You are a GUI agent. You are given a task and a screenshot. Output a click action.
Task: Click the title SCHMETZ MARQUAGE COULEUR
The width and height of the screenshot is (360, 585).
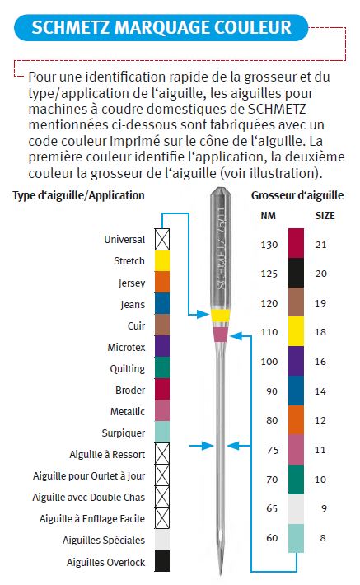point(161,28)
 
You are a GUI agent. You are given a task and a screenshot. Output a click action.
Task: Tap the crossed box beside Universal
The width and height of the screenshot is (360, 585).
point(162,240)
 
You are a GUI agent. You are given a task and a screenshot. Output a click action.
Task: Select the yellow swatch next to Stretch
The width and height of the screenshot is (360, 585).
point(162,261)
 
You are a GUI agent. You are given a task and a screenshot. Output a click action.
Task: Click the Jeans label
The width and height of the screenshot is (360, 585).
point(133,305)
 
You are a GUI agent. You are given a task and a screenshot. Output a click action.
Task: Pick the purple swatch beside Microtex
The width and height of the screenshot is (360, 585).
point(162,346)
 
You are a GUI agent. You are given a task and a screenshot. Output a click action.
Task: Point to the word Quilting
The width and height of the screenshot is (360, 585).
point(127,369)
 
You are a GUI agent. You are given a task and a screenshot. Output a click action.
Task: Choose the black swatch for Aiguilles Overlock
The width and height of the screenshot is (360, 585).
point(162,561)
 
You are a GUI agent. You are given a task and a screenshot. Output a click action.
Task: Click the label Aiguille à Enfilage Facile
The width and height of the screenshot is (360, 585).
point(92,518)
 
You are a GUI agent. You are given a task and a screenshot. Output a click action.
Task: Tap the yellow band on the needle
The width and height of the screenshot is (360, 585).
point(221,316)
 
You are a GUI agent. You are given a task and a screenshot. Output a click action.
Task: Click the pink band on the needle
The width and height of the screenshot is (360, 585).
point(221,335)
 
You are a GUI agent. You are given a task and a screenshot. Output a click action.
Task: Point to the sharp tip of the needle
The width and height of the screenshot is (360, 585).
point(221,574)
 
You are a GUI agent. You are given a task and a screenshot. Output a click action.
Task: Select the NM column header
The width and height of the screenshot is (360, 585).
point(268,216)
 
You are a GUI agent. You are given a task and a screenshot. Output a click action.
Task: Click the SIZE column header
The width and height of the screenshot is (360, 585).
point(325,216)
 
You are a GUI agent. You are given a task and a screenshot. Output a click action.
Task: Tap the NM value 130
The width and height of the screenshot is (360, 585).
point(269,245)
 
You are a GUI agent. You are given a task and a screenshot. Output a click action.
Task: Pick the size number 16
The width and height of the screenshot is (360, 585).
point(320,362)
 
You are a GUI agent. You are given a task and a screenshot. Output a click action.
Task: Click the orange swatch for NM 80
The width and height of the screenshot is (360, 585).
point(297,419)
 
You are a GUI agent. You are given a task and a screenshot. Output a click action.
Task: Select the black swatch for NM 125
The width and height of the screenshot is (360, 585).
point(297,273)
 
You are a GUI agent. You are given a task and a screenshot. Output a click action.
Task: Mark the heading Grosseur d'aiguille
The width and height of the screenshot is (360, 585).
point(297,195)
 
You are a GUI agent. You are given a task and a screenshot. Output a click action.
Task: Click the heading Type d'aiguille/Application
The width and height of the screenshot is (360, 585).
point(78,195)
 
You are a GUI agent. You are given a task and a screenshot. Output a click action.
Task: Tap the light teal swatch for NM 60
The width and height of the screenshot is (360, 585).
point(297,538)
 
